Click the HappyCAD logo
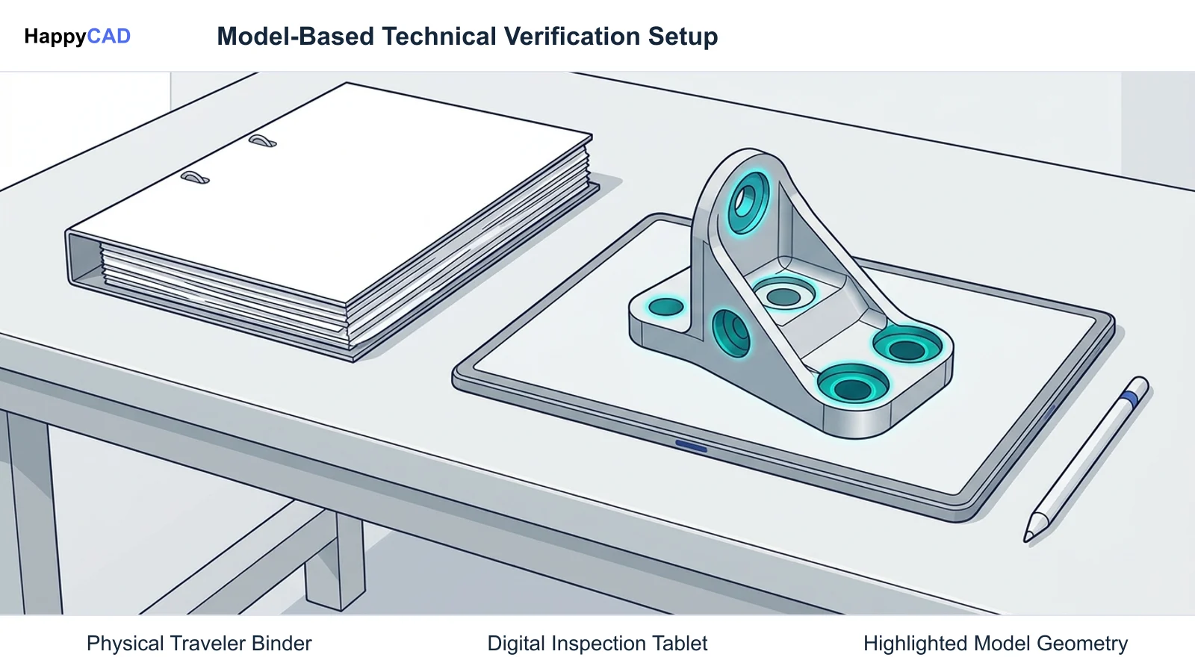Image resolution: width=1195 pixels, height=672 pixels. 78,37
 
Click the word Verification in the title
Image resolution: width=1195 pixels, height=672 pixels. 572,37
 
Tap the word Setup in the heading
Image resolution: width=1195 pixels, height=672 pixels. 683,37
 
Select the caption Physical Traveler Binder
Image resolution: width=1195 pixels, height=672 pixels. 199,644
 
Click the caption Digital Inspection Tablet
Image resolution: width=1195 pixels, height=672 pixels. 597,644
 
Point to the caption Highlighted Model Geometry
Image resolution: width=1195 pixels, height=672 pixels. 996,644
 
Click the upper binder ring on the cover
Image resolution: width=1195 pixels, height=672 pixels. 262,141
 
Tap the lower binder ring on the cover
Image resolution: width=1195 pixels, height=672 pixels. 195,178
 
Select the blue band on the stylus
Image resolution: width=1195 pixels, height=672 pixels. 1129,399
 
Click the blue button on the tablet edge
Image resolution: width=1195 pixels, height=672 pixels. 691,446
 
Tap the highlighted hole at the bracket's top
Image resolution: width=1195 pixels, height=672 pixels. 748,201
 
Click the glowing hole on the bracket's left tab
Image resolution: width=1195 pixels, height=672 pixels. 665,307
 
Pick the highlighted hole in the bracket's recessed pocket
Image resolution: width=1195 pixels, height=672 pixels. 784,293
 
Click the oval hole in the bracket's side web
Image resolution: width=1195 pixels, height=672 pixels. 731,333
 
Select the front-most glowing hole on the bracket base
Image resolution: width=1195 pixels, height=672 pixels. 852,385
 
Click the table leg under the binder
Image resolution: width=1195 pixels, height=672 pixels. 335,559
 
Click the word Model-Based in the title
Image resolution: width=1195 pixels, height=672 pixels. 296,37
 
